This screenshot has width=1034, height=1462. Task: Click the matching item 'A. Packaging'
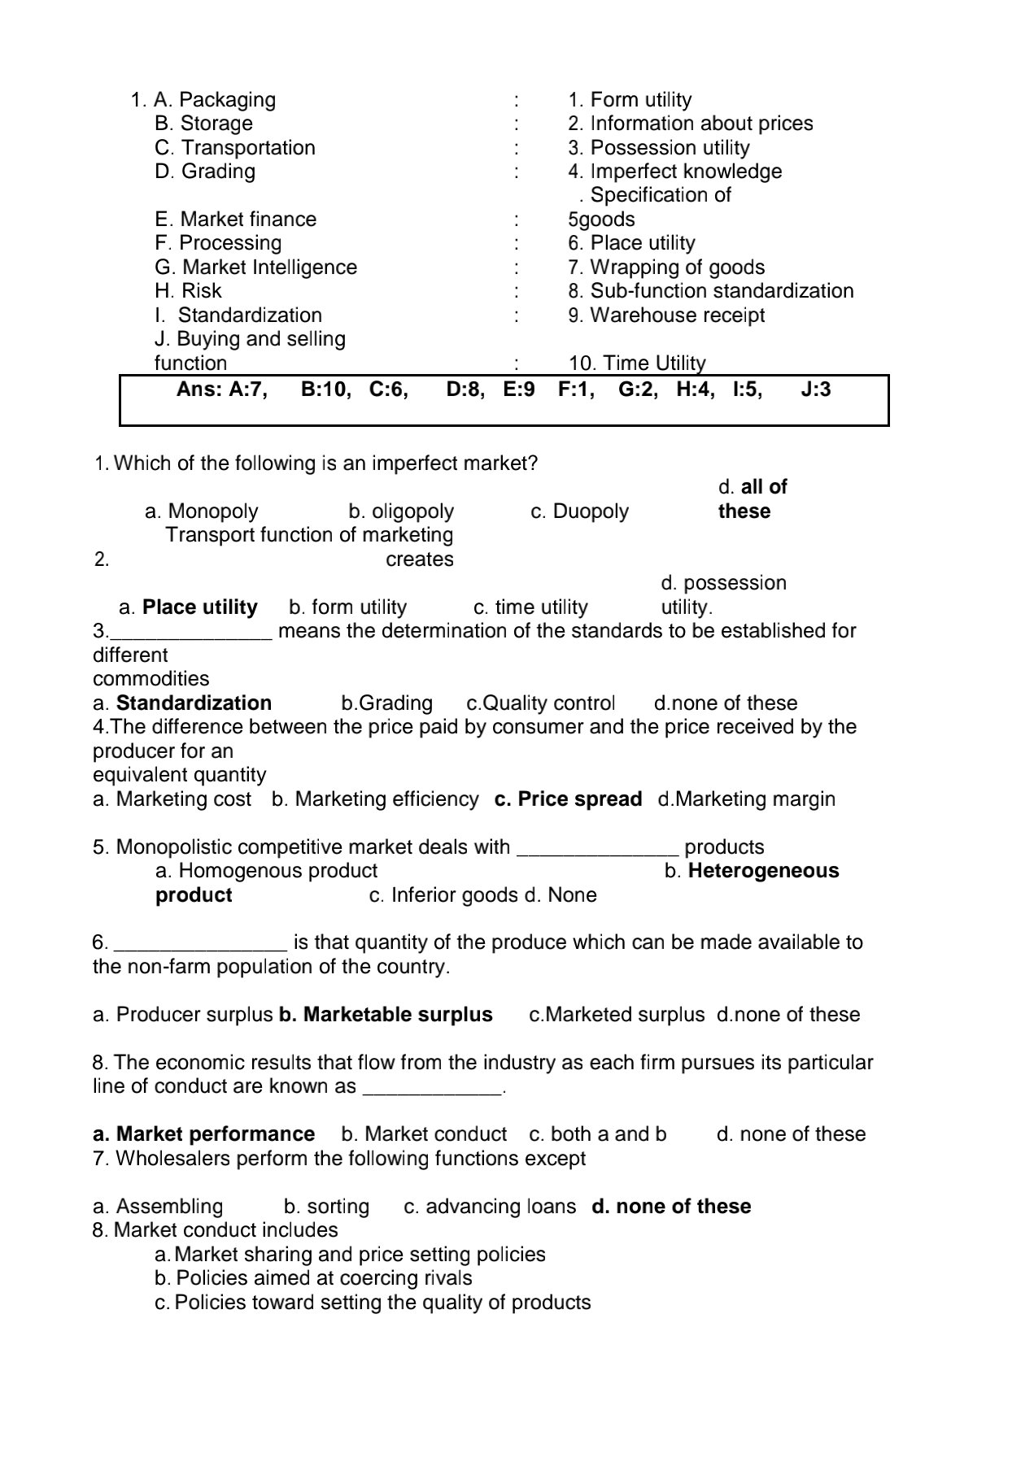point(215,100)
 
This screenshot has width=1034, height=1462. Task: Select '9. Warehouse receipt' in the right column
point(666,315)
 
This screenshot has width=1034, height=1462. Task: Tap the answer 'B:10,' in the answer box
point(326,390)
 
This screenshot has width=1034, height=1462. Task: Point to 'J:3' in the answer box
point(816,390)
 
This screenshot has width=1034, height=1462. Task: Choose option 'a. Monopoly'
point(201,511)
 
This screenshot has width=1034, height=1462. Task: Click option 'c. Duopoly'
point(579,511)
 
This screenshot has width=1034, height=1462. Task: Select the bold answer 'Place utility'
point(199,607)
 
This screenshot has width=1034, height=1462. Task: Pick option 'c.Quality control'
point(540,703)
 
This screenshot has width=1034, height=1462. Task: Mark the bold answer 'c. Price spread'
point(568,799)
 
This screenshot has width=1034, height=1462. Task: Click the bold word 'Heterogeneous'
point(763,871)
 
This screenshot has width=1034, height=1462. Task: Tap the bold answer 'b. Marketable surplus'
point(386,1015)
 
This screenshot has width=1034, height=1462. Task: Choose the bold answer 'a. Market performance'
point(204,1134)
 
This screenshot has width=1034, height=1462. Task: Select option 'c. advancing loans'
point(490,1207)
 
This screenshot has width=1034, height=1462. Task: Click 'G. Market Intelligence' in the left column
point(255,268)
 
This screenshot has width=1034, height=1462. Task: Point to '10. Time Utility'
point(637,363)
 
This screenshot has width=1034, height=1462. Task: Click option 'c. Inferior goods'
point(443,895)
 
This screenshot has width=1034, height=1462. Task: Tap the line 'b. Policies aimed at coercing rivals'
point(313,1278)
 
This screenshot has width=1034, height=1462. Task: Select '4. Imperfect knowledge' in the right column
point(674,172)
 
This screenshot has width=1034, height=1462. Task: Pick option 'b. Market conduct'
point(424,1134)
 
